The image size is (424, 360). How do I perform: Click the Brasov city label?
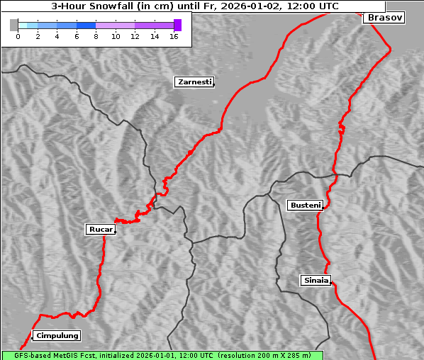(384, 18)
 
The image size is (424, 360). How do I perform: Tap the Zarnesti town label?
(194, 82)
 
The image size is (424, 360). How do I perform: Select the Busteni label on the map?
(305, 206)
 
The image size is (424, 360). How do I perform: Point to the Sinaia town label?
(316, 281)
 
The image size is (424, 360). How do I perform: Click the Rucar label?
(99, 230)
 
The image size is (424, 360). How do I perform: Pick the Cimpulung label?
(57, 336)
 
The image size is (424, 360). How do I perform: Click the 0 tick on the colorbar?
(18, 36)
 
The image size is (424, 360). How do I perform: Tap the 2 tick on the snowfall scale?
(38, 36)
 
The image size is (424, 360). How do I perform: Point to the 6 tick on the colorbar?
(77, 36)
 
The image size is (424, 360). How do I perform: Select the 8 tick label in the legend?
(96, 36)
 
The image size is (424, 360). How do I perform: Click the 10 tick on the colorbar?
(116, 36)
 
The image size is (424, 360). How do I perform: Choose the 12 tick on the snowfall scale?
(135, 36)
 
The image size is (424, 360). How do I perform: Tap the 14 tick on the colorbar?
(155, 36)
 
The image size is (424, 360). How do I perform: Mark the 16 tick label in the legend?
(174, 36)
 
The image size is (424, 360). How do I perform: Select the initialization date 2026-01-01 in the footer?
(159, 355)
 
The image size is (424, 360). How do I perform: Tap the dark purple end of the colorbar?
(177, 25)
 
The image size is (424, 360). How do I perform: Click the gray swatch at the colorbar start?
(14, 25)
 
